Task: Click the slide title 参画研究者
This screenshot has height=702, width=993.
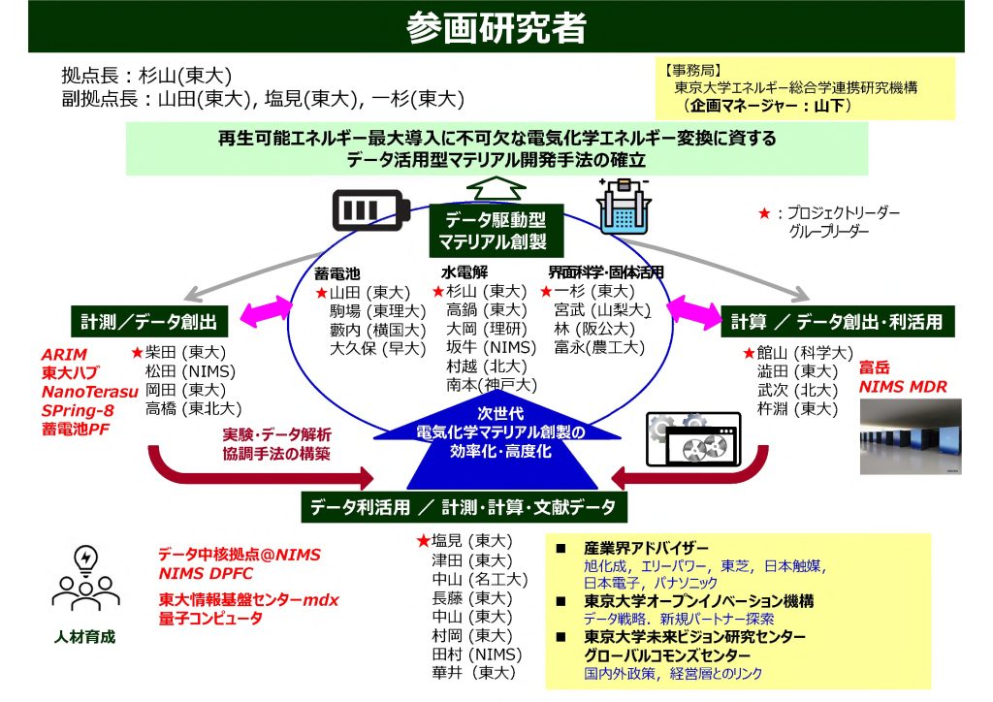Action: coord(496,27)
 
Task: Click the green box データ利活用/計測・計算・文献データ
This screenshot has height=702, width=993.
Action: coord(464,506)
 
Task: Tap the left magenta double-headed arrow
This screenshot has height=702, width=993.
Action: coord(259,311)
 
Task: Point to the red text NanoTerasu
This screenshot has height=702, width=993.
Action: coord(82,391)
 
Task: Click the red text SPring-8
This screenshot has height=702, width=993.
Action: coord(75,409)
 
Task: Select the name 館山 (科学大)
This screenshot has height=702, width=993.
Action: coord(805,352)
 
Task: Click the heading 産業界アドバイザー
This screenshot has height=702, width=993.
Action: coord(646,548)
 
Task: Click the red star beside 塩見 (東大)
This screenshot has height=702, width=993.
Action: coord(422,541)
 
